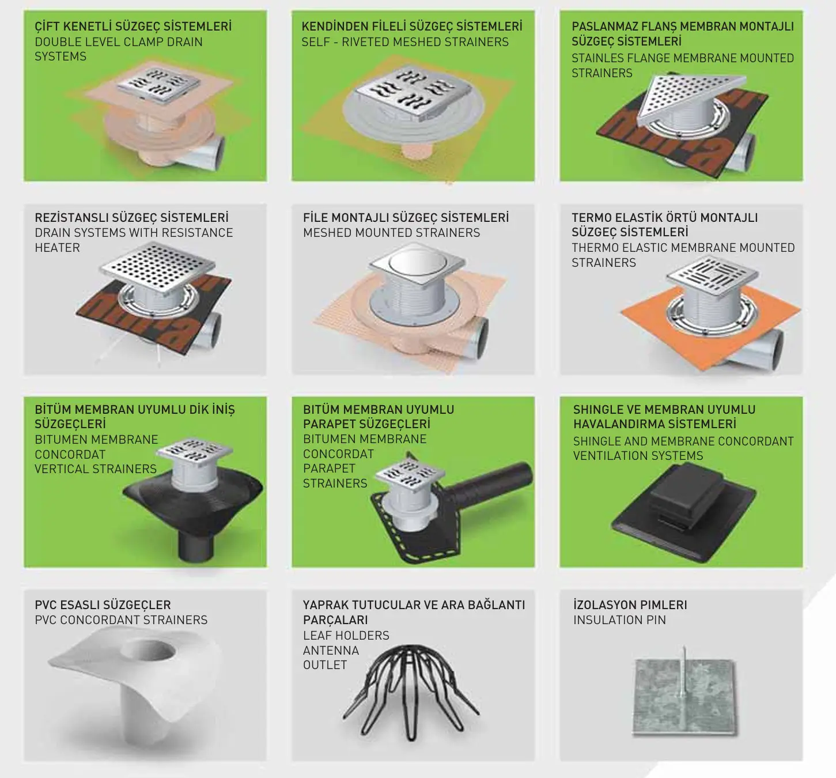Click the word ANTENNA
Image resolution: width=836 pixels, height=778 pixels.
pos(331,651)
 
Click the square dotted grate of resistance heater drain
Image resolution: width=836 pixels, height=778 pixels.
pos(157,267)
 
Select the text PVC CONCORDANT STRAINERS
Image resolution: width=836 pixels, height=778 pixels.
pos(121,620)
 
